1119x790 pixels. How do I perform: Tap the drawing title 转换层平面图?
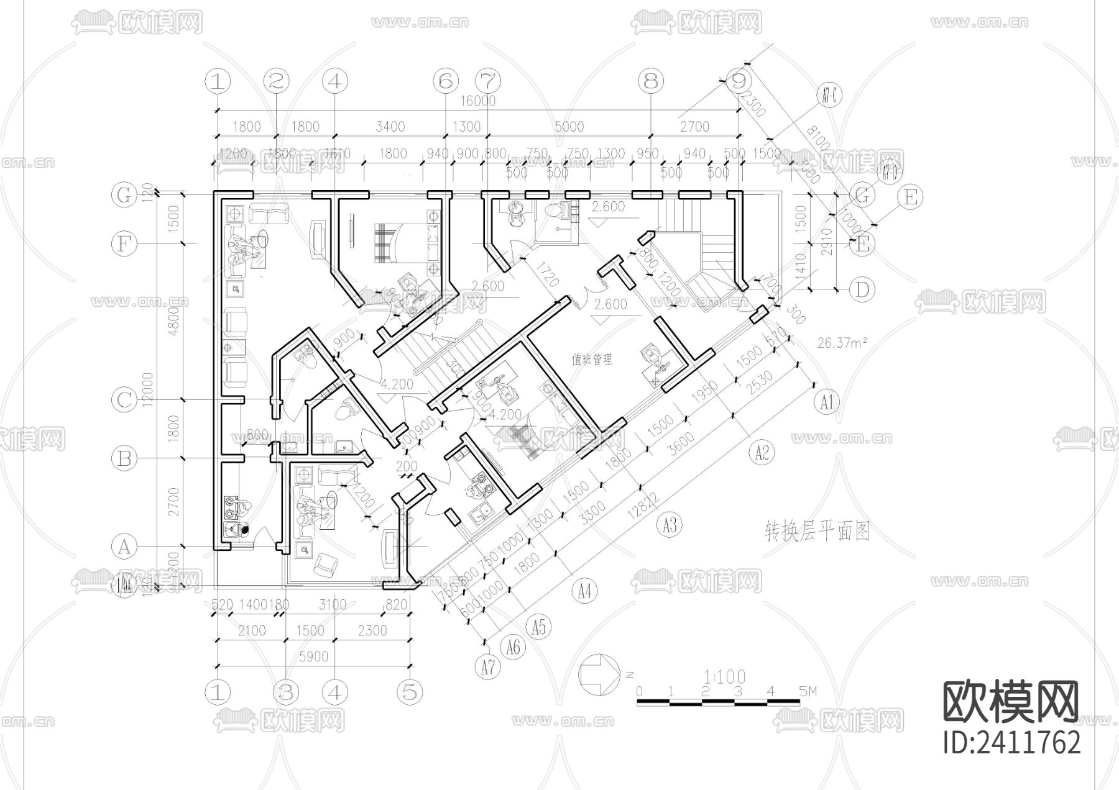817,532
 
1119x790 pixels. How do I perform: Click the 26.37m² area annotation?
842,343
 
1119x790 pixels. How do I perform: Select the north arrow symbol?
599,674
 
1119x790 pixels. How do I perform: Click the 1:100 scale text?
725,676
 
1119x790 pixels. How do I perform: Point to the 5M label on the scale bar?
808,691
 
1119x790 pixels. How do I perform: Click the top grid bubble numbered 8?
651,81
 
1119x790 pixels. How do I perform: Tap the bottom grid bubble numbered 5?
409,692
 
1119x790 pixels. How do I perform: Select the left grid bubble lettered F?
124,243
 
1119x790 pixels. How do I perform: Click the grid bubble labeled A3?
669,526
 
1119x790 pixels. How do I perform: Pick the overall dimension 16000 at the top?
477,101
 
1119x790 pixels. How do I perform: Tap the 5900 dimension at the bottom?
313,656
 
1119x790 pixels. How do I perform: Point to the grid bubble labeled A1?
826,402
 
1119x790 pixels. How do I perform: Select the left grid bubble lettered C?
124,399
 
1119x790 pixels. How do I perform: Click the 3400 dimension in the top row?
390,127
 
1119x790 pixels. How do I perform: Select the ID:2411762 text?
1011,742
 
